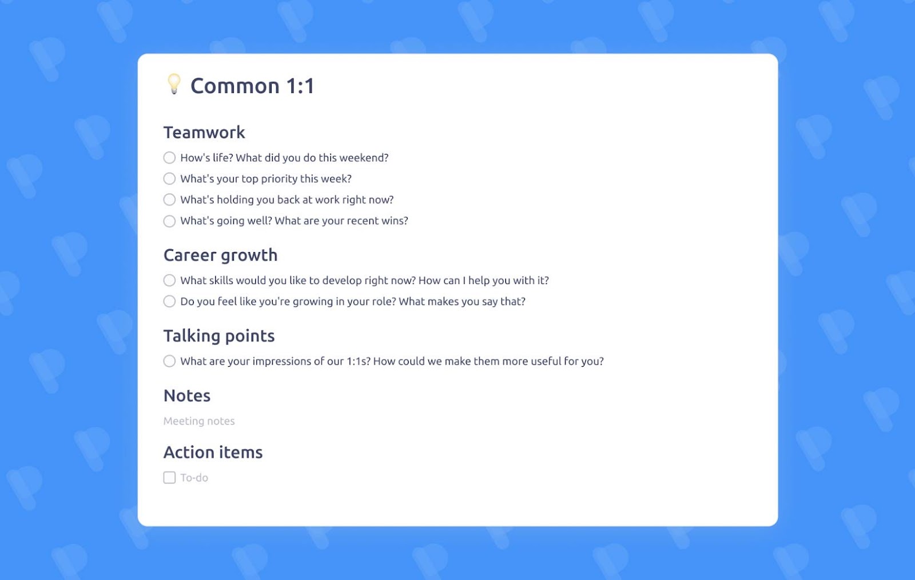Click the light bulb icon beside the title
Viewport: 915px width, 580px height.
(174, 84)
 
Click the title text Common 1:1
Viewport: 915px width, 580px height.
(252, 86)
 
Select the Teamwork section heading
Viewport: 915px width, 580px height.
(204, 133)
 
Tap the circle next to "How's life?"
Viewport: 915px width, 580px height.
(169, 158)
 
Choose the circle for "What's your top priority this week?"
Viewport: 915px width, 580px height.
(169, 179)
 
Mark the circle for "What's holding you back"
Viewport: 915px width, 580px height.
(169, 200)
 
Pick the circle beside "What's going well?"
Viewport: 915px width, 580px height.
(169, 221)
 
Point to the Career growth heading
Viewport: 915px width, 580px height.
(220, 255)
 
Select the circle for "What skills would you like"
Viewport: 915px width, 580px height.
(169, 281)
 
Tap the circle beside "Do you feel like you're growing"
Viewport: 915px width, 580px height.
(169, 302)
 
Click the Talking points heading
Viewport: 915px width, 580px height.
(219, 336)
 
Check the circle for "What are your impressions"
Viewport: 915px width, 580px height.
(169, 361)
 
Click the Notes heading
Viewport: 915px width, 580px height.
(187, 396)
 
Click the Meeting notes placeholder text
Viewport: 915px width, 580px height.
(199, 421)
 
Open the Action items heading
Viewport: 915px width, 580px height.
(213, 453)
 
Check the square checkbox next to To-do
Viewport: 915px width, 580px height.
(169, 478)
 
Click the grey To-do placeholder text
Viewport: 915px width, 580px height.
(194, 478)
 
